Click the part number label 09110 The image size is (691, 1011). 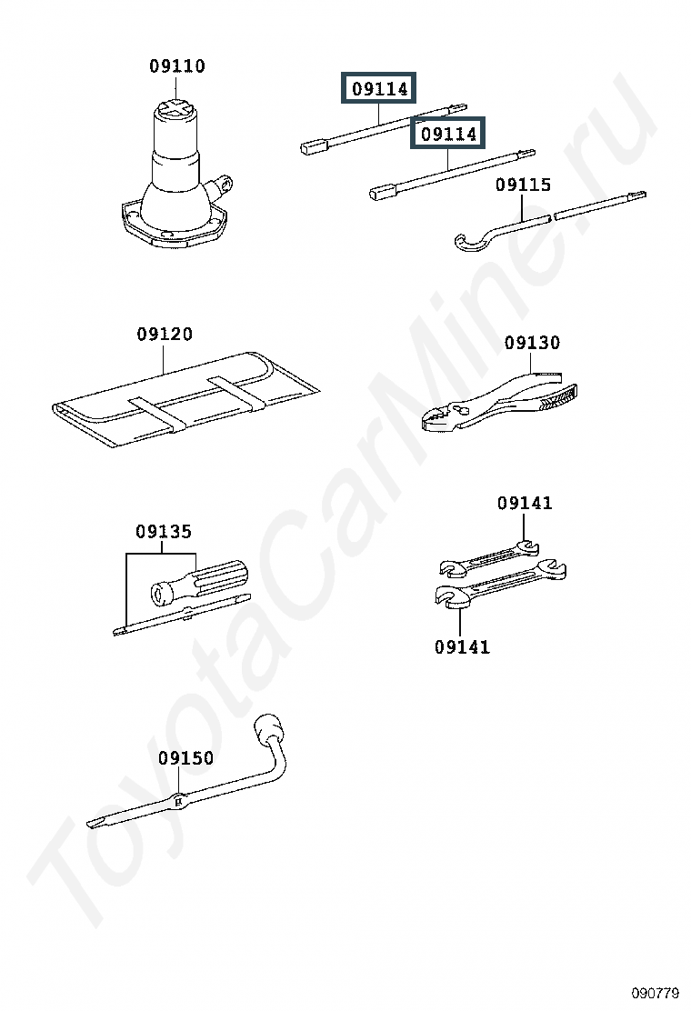point(177,65)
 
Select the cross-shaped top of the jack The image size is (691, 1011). point(176,108)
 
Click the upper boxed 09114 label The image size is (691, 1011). point(379,88)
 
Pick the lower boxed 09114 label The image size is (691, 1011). point(448,134)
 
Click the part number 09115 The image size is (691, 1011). point(524,185)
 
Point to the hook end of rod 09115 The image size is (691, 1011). point(469,242)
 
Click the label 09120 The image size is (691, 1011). point(165,334)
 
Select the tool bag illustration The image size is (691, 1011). point(185,400)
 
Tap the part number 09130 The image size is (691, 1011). point(533,343)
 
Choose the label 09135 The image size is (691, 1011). point(164,531)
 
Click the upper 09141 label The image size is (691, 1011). point(525,503)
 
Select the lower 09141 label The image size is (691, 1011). point(462,646)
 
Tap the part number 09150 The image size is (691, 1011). point(186,757)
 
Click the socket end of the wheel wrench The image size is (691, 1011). point(268,729)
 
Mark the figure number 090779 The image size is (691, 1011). point(656,993)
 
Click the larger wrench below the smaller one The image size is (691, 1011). point(500,586)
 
